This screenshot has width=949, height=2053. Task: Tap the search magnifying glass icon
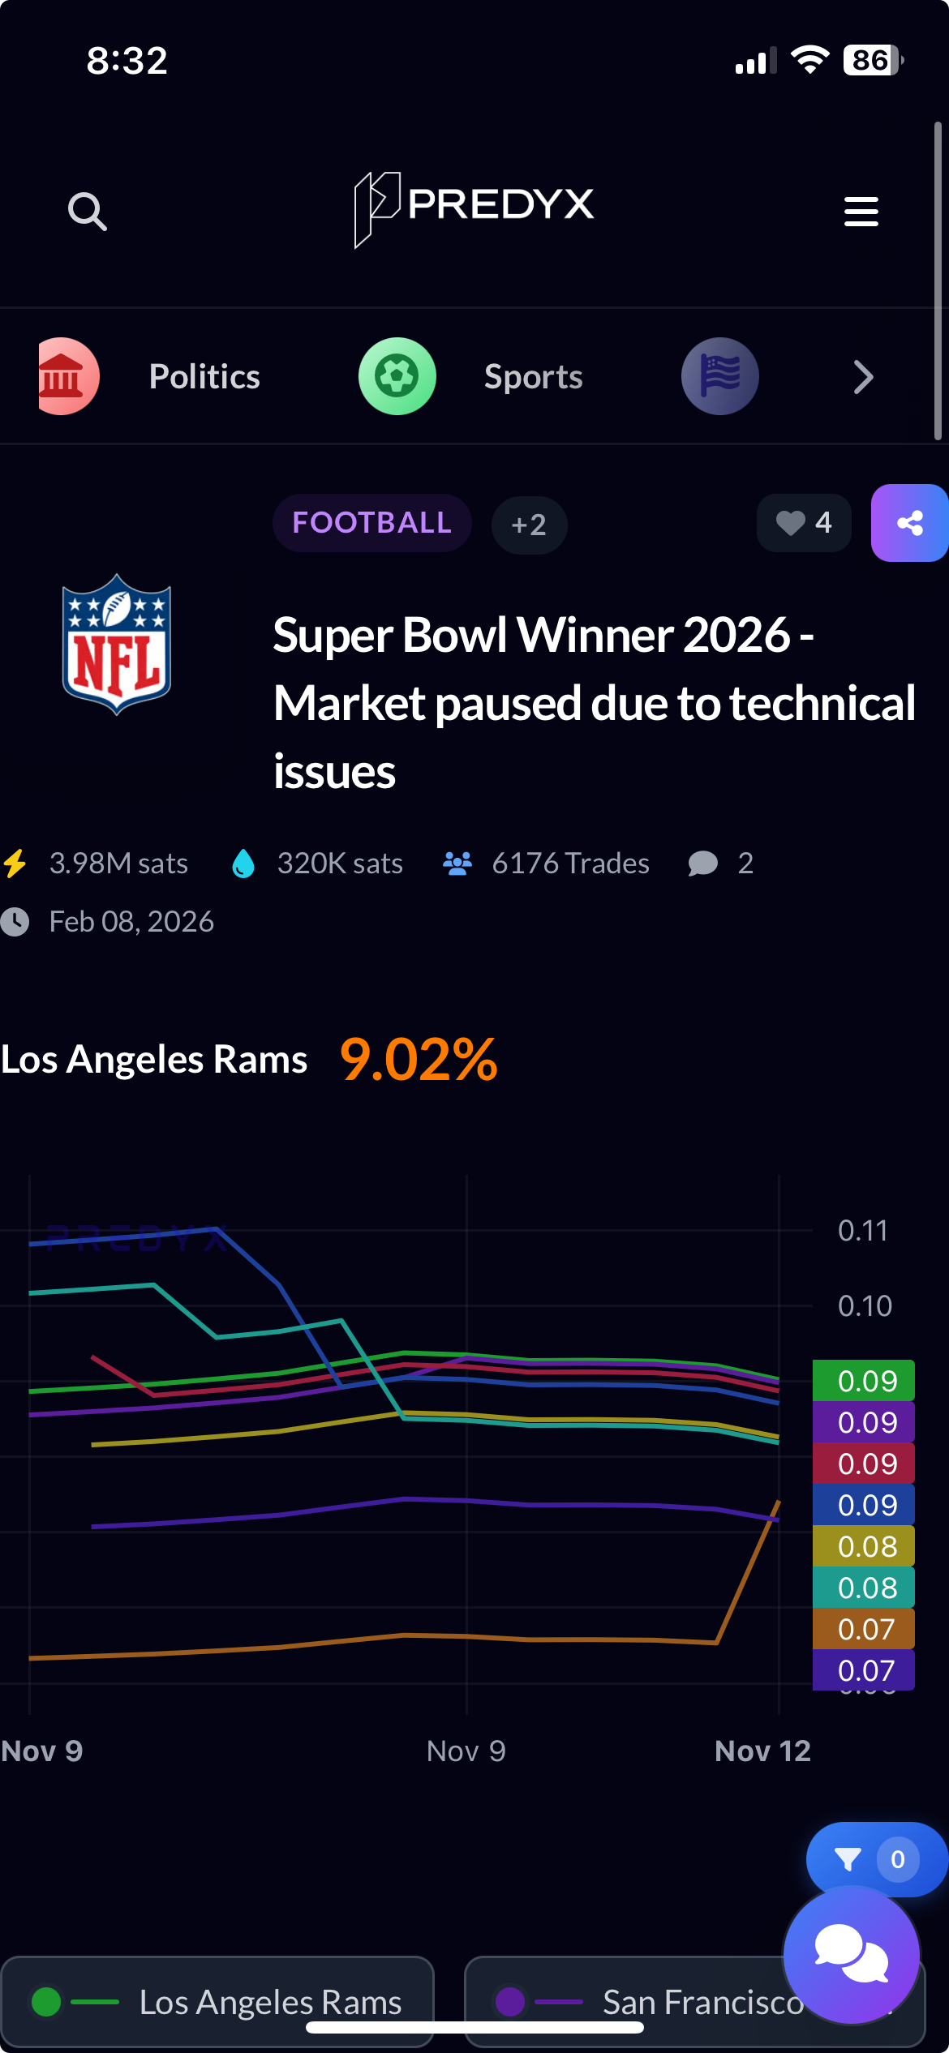[x=88, y=212]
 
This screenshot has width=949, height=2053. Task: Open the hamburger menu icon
[x=861, y=212]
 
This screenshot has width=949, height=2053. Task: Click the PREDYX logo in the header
[x=474, y=208]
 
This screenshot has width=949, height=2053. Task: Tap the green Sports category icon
[x=397, y=376]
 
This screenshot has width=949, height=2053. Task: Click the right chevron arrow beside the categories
[x=863, y=377]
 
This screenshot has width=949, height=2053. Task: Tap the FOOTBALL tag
[x=371, y=523]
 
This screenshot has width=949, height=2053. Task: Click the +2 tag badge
[x=529, y=525]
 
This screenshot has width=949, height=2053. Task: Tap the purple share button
[x=909, y=523]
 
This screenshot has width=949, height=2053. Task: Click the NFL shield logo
[x=117, y=645]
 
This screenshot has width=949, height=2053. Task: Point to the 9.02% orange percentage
[x=419, y=1060]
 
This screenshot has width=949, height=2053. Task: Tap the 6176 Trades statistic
[x=547, y=864]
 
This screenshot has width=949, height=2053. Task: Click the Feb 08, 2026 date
[x=131, y=922]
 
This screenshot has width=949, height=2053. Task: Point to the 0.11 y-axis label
[x=863, y=1231]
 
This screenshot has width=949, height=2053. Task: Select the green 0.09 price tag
[x=863, y=1380]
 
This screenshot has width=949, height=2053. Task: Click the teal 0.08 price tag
[x=863, y=1588]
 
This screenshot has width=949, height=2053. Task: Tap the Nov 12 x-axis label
[x=762, y=1751]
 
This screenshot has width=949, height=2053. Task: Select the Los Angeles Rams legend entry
[x=217, y=2002]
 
